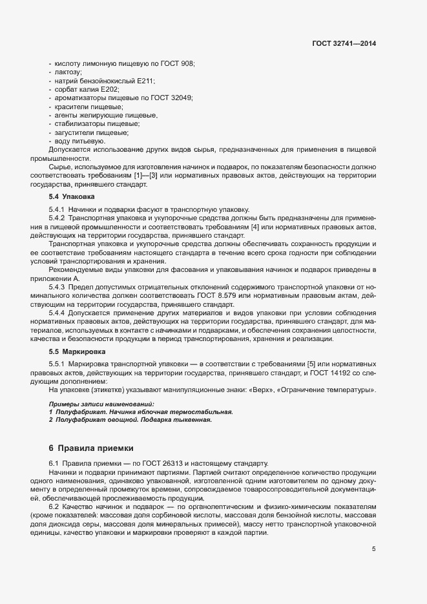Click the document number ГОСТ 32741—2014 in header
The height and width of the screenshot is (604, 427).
343,44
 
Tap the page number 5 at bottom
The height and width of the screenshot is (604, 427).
373,549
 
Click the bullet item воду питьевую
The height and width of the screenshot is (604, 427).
80,140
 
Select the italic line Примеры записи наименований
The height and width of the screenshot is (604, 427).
102,404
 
